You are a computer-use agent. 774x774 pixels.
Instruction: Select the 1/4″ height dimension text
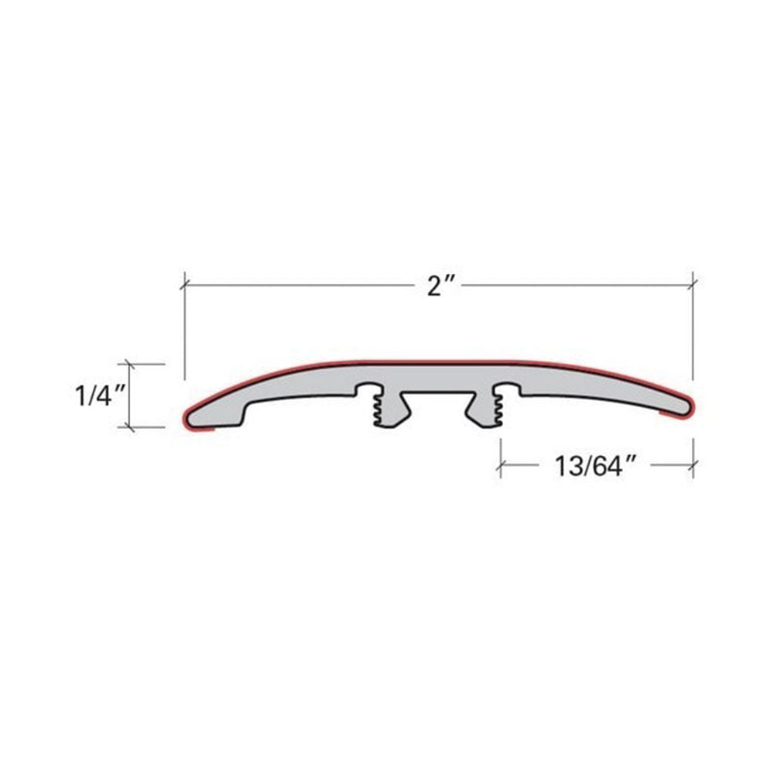point(99,396)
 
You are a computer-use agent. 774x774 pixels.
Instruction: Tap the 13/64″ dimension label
point(594,466)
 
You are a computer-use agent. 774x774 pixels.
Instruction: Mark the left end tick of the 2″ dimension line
point(185,285)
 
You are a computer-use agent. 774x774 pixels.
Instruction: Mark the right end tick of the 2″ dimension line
point(693,285)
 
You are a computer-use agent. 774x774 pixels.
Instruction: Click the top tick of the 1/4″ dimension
point(130,365)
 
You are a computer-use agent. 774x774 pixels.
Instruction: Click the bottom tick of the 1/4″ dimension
point(130,426)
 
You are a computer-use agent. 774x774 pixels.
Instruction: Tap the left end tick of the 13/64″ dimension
point(501,464)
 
